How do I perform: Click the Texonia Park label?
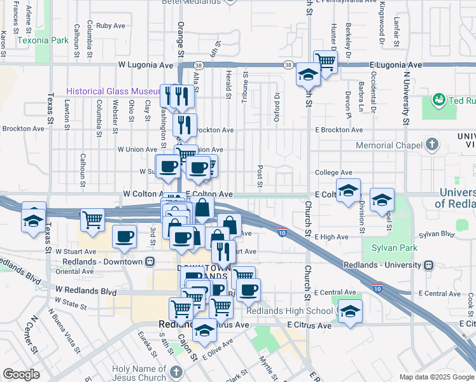[x=43, y=40]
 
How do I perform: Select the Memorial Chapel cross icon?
[x=433, y=145]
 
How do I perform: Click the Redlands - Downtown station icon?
[x=150, y=262]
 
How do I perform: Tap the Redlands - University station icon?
[x=429, y=264]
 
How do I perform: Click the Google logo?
[x=21, y=374]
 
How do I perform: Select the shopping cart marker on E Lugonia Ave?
[x=325, y=62]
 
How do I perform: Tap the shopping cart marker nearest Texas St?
[x=92, y=221]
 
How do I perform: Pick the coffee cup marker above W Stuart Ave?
[x=124, y=237]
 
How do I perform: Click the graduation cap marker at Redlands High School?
[x=349, y=312]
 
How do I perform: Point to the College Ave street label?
[x=333, y=173]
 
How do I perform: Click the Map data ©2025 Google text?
[x=436, y=377]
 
